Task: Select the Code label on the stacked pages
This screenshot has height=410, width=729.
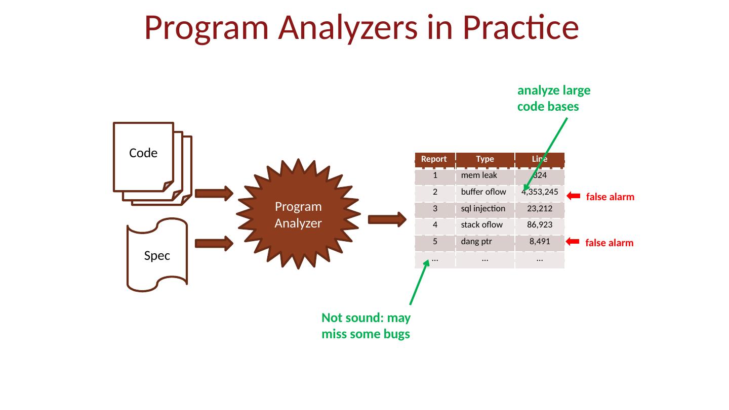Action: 143,153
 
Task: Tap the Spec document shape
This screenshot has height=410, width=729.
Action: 157,255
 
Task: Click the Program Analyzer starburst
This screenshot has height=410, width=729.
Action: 298,214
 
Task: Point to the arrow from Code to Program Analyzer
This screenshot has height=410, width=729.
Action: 214,194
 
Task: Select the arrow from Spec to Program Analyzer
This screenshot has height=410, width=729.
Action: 214,243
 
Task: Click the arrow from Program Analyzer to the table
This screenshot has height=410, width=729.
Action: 387,219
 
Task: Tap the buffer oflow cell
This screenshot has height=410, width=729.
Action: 485,192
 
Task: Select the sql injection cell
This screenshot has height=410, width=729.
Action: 485,209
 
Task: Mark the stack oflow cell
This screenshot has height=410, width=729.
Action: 485,225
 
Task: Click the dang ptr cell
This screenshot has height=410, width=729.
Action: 485,242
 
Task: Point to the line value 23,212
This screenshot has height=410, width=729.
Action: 540,209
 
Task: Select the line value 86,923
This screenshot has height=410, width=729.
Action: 540,225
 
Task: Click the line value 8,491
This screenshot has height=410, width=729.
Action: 540,241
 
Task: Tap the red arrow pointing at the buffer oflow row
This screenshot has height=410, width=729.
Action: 574,196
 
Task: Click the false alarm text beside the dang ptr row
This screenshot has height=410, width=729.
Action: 609,243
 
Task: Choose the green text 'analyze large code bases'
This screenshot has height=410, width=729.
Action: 554,99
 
